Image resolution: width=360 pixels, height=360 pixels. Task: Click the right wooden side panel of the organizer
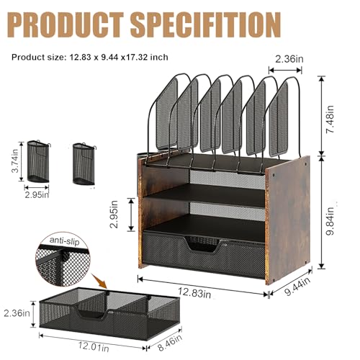point(288,216)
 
